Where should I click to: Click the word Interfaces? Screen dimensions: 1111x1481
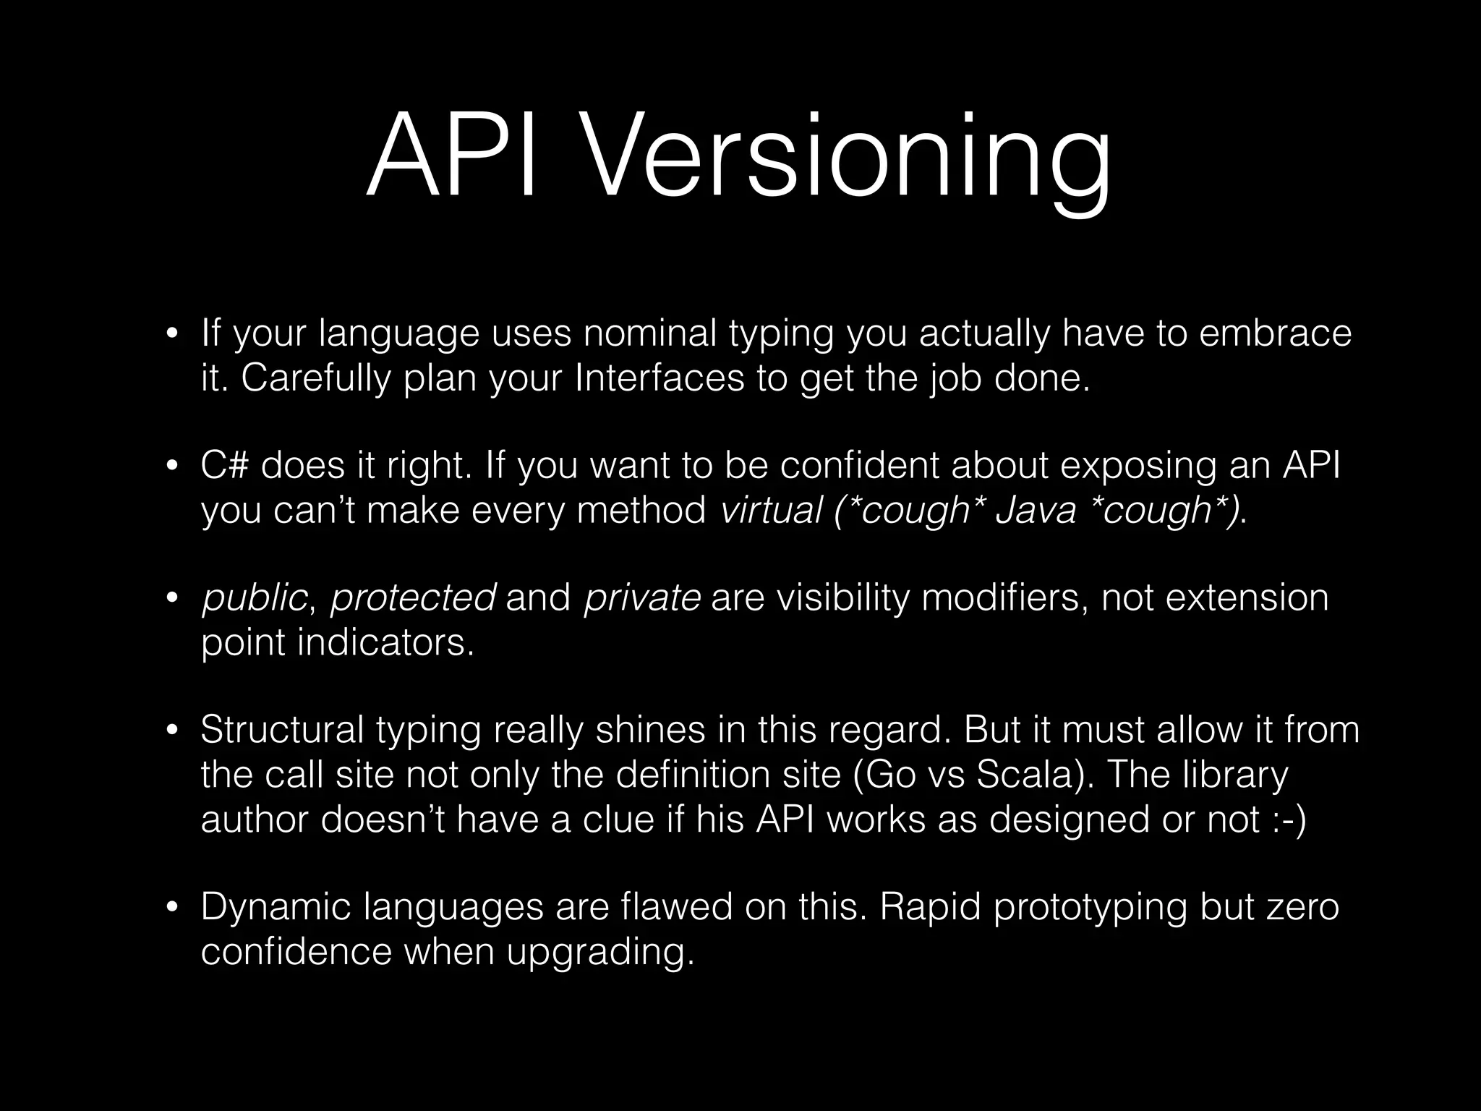pyautogui.click(x=659, y=378)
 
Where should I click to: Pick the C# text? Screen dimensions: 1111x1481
pyautogui.click(x=225, y=465)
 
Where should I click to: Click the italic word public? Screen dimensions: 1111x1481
pyautogui.click(x=254, y=599)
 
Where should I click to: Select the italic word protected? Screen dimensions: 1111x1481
pyautogui.click(x=413, y=599)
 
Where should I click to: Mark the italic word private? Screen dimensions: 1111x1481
pyautogui.click(x=642, y=599)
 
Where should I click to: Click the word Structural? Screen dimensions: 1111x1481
pyautogui.click(x=282, y=730)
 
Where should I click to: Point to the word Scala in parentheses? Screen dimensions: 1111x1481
pyautogui.click(x=1020, y=775)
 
